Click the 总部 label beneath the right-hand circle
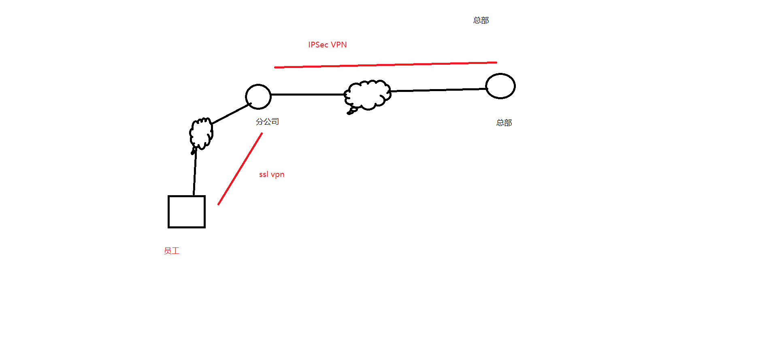(x=504, y=123)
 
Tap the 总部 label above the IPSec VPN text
(x=481, y=20)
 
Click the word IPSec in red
(x=318, y=45)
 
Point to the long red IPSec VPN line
(x=385, y=65)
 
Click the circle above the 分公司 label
(x=258, y=97)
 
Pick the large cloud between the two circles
(x=368, y=94)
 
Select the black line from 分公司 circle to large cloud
(x=308, y=94)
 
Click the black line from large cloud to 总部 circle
(x=437, y=90)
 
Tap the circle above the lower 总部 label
(x=500, y=86)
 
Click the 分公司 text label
(x=267, y=121)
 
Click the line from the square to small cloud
(x=195, y=172)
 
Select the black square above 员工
(x=187, y=212)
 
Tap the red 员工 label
(x=171, y=251)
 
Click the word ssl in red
(x=264, y=175)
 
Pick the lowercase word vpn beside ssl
(x=278, y=175)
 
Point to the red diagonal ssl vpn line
(x=240, y=169)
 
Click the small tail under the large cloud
(x=351, y=111)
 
